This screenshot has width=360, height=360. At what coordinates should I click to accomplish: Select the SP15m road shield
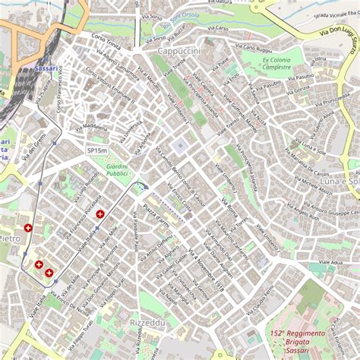point(96,150)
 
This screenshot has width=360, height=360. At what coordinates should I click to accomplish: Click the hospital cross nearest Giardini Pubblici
point(99,215)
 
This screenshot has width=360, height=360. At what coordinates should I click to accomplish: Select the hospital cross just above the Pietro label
point(29,227)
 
